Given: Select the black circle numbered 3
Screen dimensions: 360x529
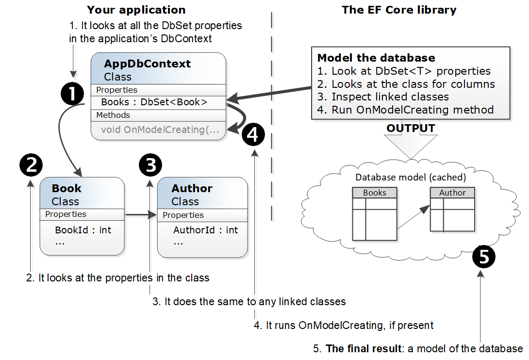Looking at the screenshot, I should (150, 165).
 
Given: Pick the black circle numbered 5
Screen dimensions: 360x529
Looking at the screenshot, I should (484, 256).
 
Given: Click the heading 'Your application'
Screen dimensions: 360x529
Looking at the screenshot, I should (136, 10).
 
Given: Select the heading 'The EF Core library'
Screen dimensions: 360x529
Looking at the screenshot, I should (399, 10).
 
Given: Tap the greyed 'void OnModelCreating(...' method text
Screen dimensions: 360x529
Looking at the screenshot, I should (160, 130).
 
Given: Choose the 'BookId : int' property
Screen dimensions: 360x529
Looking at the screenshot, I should (83, 230).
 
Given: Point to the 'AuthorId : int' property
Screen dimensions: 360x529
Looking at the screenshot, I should (205, 230).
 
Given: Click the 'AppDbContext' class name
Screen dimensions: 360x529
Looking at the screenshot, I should (148, 64).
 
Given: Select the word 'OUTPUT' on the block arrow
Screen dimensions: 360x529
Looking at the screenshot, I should (411, 128).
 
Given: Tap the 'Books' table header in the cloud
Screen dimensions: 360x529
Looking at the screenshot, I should (375, 193).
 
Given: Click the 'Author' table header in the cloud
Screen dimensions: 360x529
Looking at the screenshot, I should (452, 193).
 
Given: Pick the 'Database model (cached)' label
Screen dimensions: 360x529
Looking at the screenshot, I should (411, 177).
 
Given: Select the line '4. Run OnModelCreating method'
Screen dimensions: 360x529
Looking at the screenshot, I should (405, 109).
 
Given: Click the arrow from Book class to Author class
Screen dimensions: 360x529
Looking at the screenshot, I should (141, 214).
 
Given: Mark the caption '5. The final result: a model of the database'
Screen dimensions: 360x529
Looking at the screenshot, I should (418, 348).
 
